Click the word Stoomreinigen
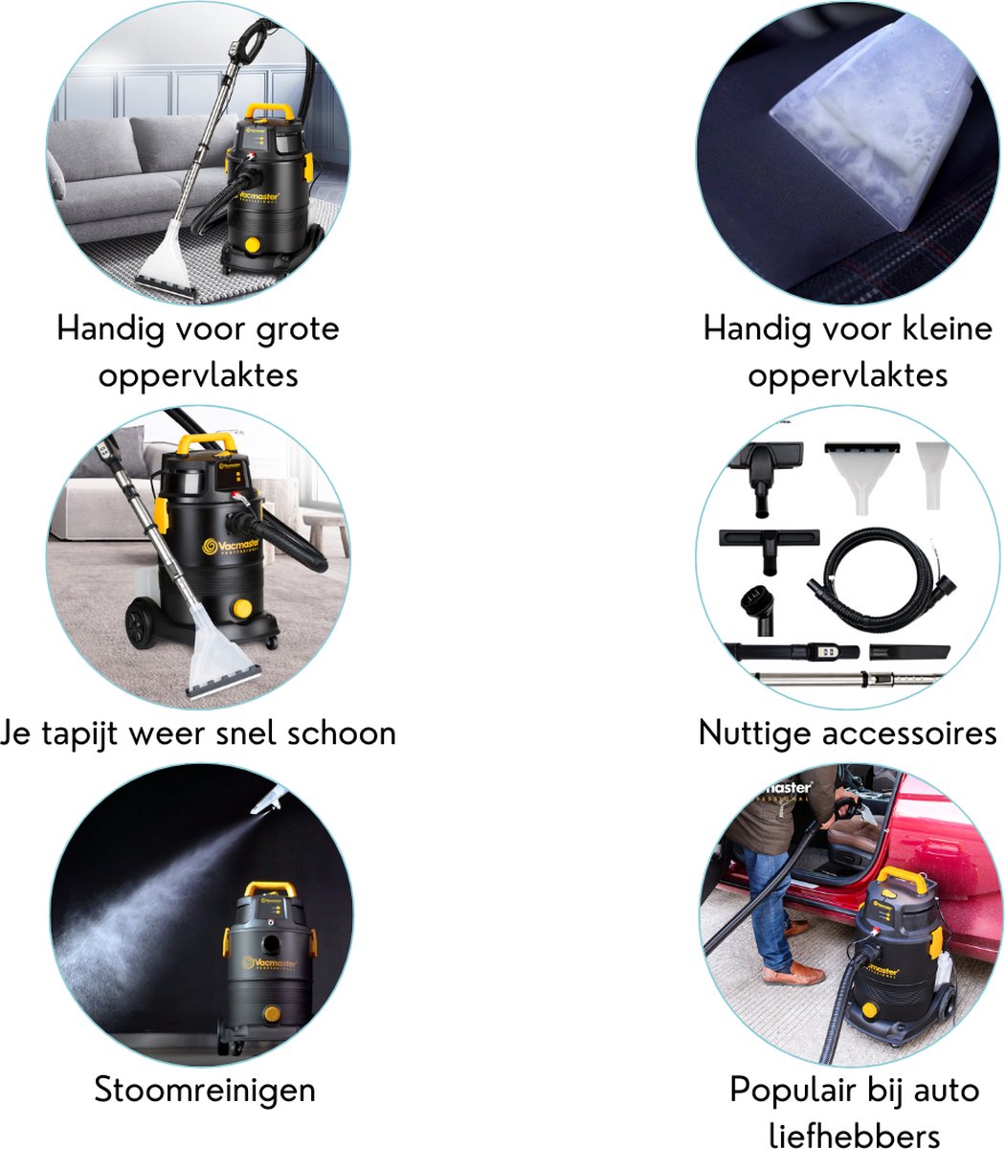[x=205, y=1092]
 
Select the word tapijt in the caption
[x=79, y=734]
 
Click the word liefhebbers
[x=854, y=1135]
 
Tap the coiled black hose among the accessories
[x=882, y=580]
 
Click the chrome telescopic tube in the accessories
[x=848, y=679]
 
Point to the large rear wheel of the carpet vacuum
[x=141, y=622]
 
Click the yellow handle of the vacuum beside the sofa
[x=269, y=111]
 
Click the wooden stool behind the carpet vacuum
[x=326, y=533]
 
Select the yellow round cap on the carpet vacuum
[x=242, y=609]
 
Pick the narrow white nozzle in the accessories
[x=932, y=475]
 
